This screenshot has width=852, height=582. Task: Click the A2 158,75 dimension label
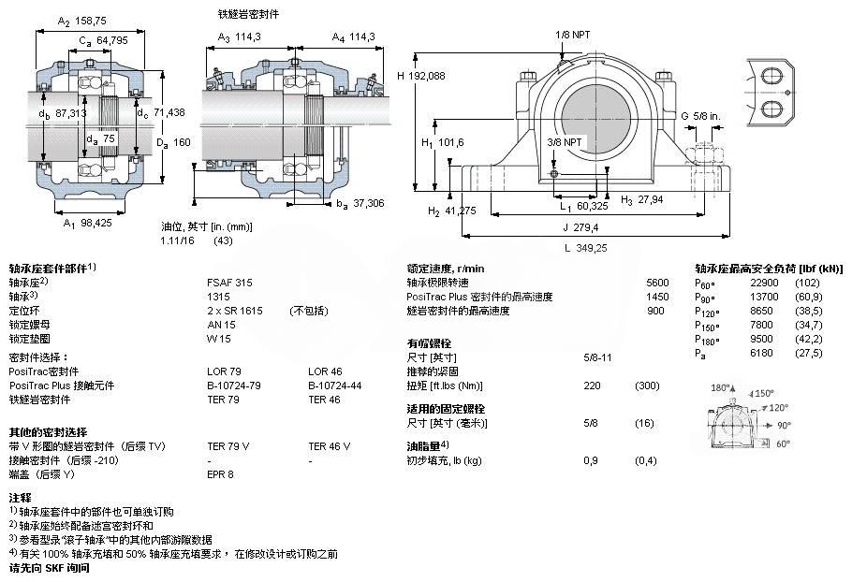[x=82, y=21]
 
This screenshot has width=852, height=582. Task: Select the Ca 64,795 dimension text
[x=103, y=40]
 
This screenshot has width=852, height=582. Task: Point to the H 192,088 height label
[x=420, y=76]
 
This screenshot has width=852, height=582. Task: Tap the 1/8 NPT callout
[x=572, y=35]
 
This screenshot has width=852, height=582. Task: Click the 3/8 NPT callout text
[x=564, y=142]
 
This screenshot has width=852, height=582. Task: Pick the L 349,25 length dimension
[x=585, y=248]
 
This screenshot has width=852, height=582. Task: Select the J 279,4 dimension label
[x=580, y=227]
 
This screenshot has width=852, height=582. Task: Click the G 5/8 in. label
[x=700, y=116]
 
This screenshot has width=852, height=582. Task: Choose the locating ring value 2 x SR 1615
[x=235, y=311]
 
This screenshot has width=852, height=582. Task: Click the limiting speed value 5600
[x=657, y=283]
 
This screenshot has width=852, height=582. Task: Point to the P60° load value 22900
[x=765, y=283]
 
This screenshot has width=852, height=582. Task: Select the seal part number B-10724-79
[x=234, y=386]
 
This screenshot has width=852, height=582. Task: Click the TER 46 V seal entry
[x=330, y=446]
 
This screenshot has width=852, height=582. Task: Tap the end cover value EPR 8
[x=220, y=474]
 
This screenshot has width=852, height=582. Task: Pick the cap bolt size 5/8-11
[x=597, y=357]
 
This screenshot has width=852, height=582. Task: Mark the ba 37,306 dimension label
[x=360, y=204]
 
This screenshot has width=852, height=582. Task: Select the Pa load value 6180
[x=761, y=353]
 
